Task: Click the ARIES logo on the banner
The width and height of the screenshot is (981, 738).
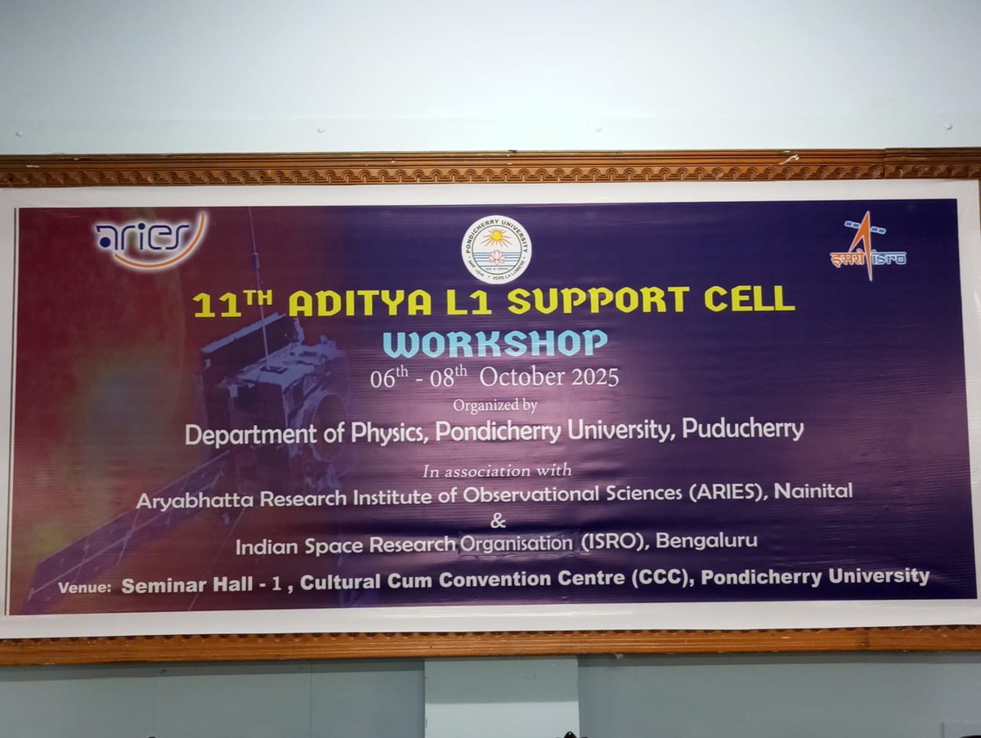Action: (x=150, y=239)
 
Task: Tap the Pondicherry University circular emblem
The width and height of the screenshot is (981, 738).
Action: (x=495, y=249)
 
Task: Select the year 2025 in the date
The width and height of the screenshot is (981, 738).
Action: (x=589, y=377)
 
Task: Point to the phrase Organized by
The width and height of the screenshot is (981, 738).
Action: (x=495, y=405)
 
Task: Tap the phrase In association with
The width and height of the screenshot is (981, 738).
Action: (x=497, y=471)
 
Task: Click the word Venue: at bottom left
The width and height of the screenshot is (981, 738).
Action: (x=85, y=587)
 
